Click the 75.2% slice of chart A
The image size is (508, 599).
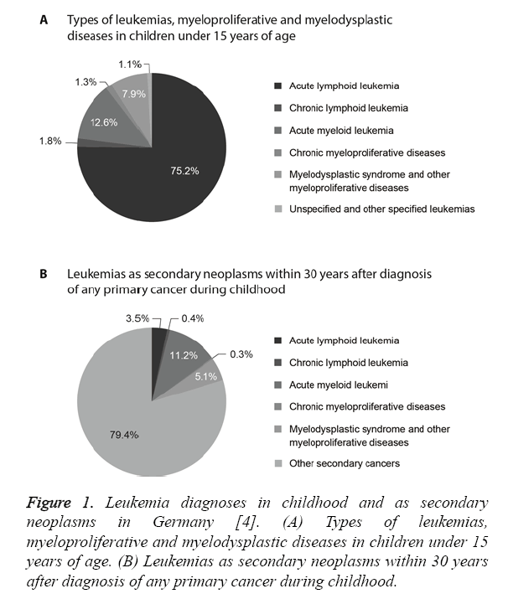[x=168, y=176]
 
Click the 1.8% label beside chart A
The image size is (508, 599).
[x=49, y=142]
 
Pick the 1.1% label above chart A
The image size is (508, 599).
[x=130, y=64]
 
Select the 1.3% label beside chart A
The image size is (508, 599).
[x=86, y=82]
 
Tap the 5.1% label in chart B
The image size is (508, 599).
[x=205, y=375]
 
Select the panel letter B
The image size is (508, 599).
[x=44, y=274]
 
